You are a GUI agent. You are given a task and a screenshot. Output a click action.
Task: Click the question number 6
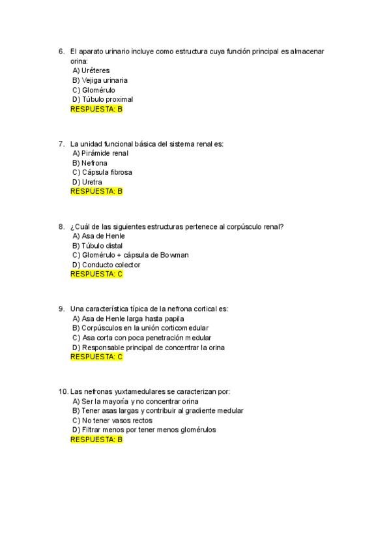tap(61, 51)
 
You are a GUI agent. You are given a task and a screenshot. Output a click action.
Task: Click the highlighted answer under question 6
tap(96, 109)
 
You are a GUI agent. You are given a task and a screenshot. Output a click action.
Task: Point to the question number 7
tap(61, 143)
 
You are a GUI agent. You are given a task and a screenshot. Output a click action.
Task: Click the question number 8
tap(61, 226)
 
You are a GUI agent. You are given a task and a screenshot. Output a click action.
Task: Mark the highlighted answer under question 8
tap(96, 274)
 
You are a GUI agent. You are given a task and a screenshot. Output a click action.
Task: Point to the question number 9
tap(61, 309)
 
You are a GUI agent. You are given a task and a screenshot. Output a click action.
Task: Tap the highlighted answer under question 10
tap(96, 440)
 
